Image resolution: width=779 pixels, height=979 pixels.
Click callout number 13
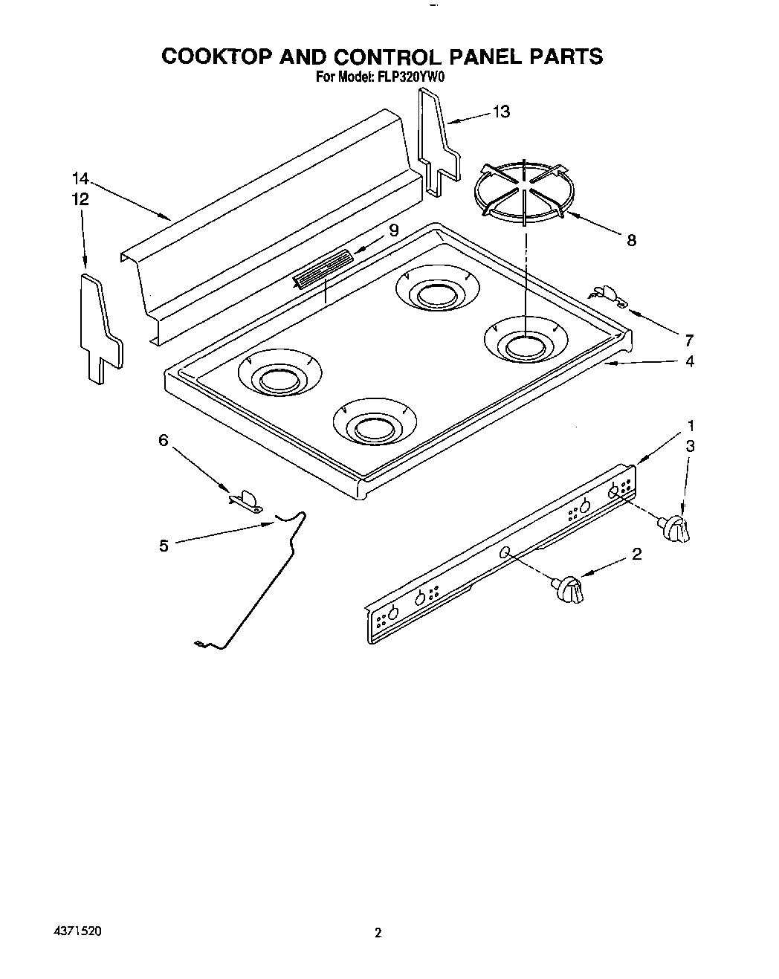coord(502,112)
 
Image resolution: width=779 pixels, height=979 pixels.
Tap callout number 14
coord(80,178)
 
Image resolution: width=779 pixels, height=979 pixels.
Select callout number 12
coord(80,199)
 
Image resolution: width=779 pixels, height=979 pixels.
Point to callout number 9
coord(393,230)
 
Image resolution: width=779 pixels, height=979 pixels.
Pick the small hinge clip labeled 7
coord(610,295)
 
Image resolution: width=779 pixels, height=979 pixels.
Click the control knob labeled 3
coord(674,529)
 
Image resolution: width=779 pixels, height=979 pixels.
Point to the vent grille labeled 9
coord(323,268)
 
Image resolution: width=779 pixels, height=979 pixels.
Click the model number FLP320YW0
coord(401,76)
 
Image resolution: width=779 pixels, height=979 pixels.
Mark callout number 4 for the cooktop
coord(690,361)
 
